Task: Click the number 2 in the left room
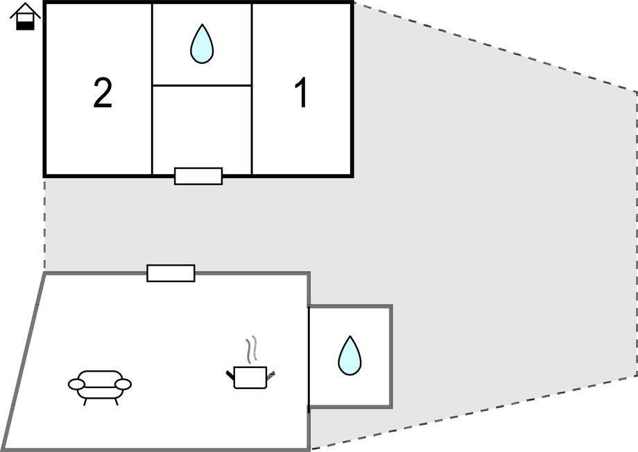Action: (x=103, y=94)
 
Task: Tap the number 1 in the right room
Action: (x=301, y=94)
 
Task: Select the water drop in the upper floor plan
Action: (x=202, y=44)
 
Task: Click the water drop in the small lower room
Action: (x=350, y=356)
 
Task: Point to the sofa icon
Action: (x=100, y=385)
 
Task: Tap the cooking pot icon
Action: (x=250, y=377)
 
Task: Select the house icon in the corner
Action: (x=25, y=17)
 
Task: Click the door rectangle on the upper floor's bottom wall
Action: (x=198, y=176)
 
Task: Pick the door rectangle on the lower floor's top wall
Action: (x=171, y=273)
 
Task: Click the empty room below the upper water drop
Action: (x=202, y=128)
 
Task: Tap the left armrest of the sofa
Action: (x=76, y=384)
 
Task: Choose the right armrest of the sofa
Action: (x=123, y=384)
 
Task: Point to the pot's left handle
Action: (x=230, y=375)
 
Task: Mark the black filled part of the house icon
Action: (x=26, y=26)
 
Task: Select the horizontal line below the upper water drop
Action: (x=202, y=85)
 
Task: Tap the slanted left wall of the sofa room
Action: (x=24, y=360)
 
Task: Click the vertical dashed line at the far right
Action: (x=637, y=236)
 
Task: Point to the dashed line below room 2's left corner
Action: (x=44, y=222)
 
